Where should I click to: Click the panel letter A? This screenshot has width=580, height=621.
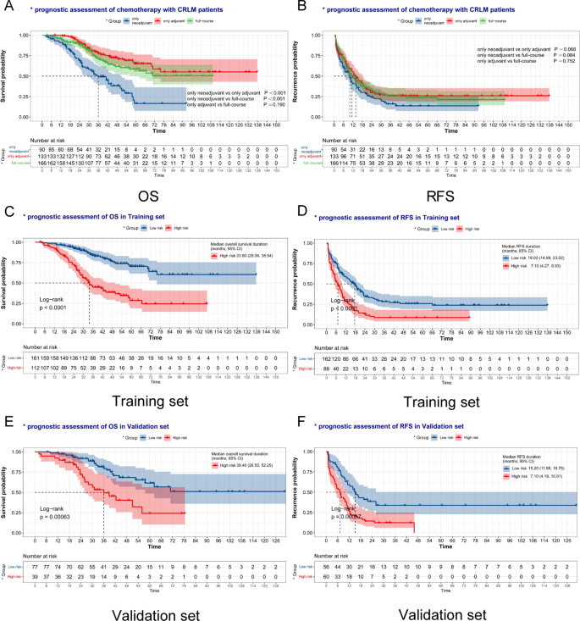tap(8, 8)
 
